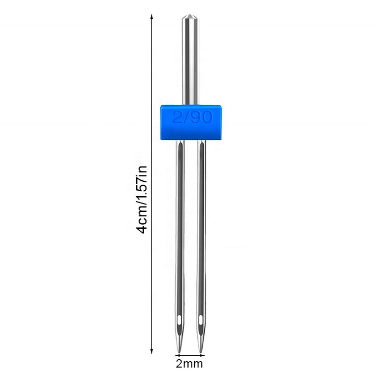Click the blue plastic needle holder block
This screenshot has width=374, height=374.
tap(190, 122)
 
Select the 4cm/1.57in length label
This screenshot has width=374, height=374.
tap(142, 199)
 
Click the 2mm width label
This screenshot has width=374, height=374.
tap(189, 365)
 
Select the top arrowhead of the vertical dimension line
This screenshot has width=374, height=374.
tap(151, 16)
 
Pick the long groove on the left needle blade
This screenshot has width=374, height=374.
tap(179, 222)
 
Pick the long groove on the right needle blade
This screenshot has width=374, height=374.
tap(201, 222)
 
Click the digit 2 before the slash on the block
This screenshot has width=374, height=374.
tap(177, 118)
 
